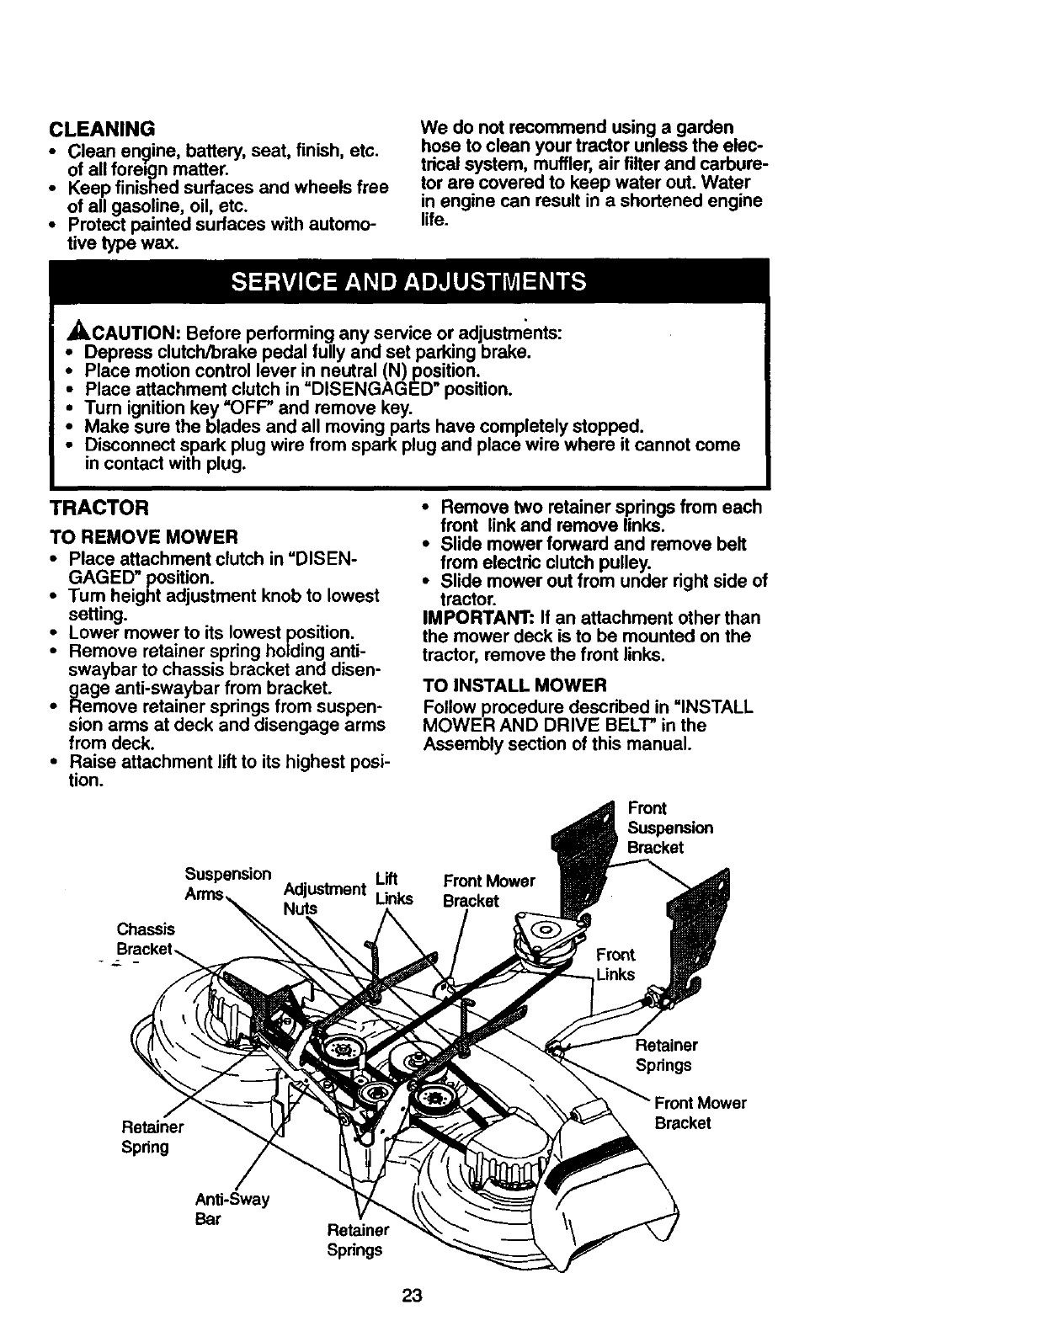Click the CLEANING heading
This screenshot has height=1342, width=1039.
point(103,129)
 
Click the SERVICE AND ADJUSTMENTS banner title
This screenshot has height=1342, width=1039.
point(409,280)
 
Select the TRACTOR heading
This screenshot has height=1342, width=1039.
point(99,508)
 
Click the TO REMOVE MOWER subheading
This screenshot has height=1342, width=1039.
point(143,537)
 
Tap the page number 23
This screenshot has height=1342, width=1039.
point(411,1297)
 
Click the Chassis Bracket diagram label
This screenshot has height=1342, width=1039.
point(145,939)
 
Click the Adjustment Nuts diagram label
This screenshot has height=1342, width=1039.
point(323,898)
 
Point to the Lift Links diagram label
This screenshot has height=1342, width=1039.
point(394,889)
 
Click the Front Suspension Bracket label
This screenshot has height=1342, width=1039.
point(669,828)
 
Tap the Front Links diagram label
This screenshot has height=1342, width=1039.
point(615,964)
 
